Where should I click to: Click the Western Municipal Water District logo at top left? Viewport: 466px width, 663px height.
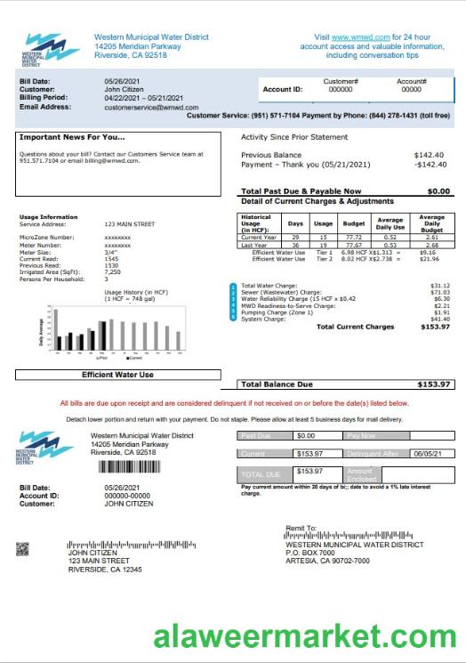[x=51, y=50]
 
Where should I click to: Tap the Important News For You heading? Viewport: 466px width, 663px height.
[x=72, y=137]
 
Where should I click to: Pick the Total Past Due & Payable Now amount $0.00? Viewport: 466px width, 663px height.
[x=438, y=191]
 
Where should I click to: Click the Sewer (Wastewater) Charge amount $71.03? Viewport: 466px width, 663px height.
[x=439, y=291]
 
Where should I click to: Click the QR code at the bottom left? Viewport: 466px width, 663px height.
[x=23, y=549]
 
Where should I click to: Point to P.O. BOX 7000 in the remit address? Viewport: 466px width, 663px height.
[x=310, y=551]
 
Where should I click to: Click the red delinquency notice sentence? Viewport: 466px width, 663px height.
[x=232, y=403]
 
